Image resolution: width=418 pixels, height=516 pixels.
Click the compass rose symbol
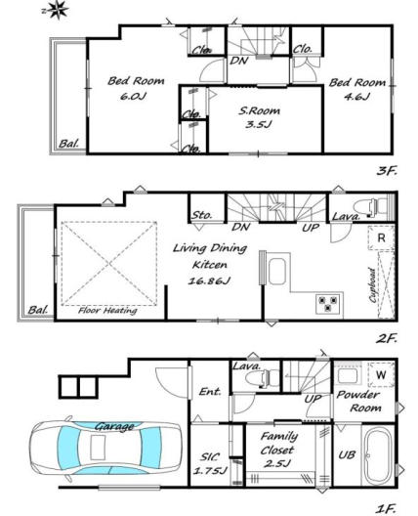pos(57,9)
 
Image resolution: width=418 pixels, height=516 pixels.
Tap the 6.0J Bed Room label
pos(136,88)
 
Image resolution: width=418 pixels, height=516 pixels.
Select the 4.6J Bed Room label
pos(357,89)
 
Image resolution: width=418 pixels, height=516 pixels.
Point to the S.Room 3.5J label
pos(260,117)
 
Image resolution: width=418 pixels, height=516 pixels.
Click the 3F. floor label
pos(387,170)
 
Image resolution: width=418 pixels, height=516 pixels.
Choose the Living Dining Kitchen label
pos(210,264)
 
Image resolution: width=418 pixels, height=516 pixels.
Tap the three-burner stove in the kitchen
pos(328,304)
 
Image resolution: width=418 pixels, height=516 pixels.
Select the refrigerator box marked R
pos(381,237)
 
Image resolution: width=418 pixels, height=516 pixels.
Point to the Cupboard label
pos(373,285)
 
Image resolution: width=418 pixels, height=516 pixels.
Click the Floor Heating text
pos(107,311)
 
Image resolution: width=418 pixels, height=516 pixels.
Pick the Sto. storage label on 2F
pos(202,215)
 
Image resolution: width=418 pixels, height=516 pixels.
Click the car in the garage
pos(105,450)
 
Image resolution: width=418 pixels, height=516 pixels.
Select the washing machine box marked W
pos(381,374)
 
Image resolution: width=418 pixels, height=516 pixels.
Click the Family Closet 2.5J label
pos(278,450)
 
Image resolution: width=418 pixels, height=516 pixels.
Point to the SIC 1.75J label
pos(210,463)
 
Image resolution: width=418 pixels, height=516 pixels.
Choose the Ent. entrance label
pos(210,392)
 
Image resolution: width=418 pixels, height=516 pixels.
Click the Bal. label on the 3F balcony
pos(69,144)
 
